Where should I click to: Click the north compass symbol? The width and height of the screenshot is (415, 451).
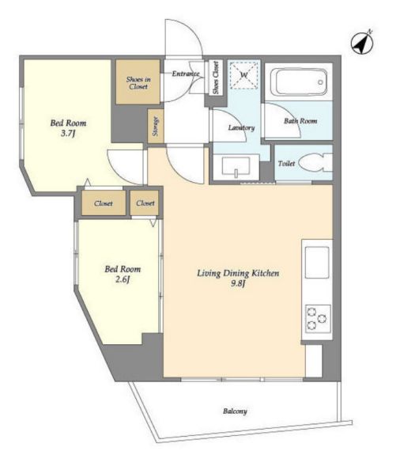(x=362, y=44)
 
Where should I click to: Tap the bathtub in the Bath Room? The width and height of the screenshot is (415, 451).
(x=299, y=82)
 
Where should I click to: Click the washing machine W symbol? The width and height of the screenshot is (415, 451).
(x=244, y=75)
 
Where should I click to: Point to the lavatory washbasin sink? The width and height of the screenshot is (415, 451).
(x=236, y=167)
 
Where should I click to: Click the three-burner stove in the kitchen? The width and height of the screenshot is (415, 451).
(x=317, y=318)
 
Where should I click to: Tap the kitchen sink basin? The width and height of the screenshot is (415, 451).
(x=317, y=262)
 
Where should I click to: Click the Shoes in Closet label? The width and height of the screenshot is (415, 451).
(x=138, y=83)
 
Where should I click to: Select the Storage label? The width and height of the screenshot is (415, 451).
(x=156, y=126)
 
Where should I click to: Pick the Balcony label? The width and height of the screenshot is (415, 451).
(x=235, y=411)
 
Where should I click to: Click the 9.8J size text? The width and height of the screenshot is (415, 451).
(x=238, y=283)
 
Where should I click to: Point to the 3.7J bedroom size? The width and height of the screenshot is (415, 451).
(x=68, y=133)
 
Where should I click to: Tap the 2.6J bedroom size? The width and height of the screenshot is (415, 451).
(x=123, y=279)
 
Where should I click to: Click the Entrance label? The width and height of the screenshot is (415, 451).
(x=186, y=74)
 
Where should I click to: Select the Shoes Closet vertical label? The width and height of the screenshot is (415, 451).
(x=216, y=78)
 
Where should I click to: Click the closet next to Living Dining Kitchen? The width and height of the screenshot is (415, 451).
(x=145, y=203)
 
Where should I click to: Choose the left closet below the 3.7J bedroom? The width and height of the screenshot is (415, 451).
(x=104, y=203)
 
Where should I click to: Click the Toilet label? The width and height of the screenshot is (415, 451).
(x=286, y=163)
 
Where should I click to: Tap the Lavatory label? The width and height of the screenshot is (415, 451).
(x=241, y=127)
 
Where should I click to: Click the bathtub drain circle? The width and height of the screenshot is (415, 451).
(x=320, y=82)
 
